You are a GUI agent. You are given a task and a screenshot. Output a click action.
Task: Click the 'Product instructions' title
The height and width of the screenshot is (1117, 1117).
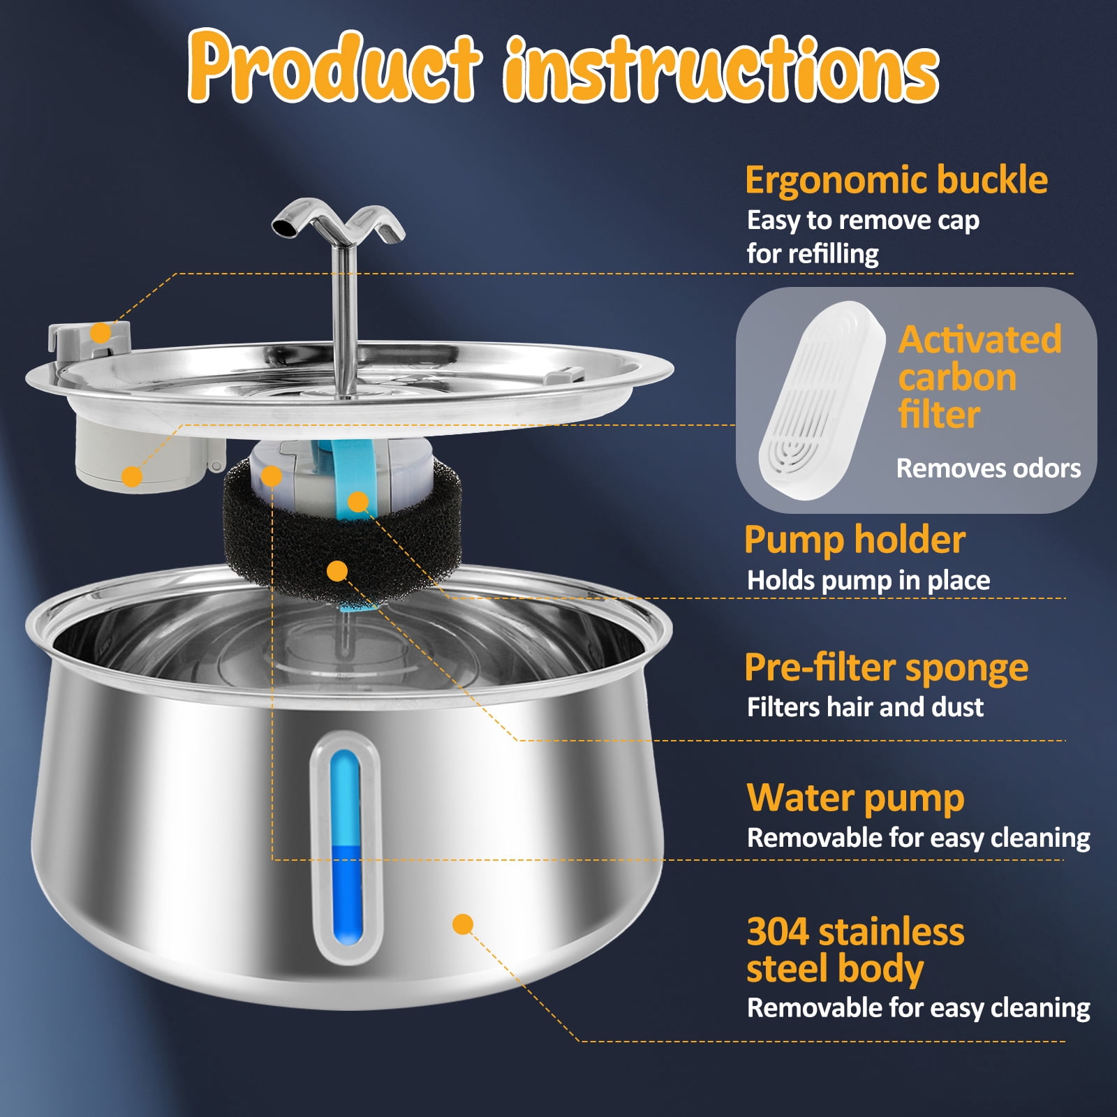[x=563, y=66]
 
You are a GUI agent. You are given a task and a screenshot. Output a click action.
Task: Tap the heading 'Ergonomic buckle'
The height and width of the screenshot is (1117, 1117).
[x=896, y=180]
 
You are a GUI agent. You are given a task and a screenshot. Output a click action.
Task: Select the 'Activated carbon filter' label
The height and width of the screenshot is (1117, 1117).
[x=979, y=377]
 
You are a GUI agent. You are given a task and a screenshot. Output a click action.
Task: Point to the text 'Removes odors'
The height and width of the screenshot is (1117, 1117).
[x=989, y=468]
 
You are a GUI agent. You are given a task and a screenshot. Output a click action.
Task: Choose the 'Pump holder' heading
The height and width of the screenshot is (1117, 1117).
[x=855, y=540]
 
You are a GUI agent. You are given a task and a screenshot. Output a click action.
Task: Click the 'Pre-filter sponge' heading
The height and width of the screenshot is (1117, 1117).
[x=886, y=667]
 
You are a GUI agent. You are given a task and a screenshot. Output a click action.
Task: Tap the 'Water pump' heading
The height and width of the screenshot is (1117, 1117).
[x=855, y=798]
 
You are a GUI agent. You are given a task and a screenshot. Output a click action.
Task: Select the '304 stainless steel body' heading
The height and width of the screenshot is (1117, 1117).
[x=855, y=950]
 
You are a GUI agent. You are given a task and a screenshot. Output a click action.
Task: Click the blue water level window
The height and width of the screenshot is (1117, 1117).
[x=346, y=848]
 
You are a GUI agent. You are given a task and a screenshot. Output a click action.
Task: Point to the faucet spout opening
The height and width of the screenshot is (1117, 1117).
[x=283, y=227]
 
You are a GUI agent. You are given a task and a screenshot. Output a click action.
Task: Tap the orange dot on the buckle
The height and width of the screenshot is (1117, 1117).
[x=101, y=332]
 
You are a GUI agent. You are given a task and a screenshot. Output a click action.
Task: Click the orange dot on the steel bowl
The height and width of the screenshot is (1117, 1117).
[x=463, y=924]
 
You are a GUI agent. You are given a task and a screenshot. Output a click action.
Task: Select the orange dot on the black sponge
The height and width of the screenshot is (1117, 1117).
[x=337, y=571]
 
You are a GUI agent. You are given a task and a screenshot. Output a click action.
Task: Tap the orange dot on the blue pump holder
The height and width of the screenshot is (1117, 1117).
[x=358, y=501]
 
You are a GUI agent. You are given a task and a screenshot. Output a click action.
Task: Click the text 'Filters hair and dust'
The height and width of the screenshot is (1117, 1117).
[x=865, y=707]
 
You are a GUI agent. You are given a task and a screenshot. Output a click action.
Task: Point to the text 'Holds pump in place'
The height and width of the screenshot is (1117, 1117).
[x=868, y=581]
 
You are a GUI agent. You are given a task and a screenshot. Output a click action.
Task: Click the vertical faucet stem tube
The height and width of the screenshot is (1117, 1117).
[x=344, y=318]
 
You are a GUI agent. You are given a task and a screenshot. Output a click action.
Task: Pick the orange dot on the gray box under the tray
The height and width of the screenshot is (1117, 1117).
[x=131, y=476]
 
